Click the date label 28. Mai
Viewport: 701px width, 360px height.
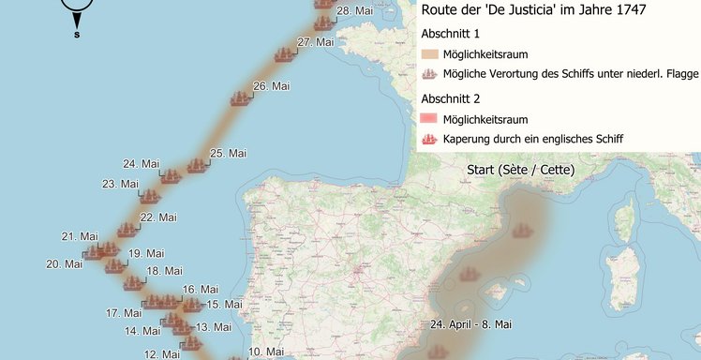(x=354, y=11)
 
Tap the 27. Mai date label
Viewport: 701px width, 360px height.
(x=316, y=42)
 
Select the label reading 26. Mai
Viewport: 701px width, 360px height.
(x=272, y=85)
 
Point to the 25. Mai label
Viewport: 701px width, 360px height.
(x=229, y=153)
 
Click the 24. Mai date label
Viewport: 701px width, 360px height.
(x=141, y=163)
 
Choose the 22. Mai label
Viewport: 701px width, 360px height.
(x=158, y=217)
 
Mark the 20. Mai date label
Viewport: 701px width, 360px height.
(x=65, y=263)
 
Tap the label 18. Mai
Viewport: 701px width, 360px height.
(x=164, y=271)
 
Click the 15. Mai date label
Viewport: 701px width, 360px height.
(x=225, y=304)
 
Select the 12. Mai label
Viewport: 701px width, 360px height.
(x=162, y=354)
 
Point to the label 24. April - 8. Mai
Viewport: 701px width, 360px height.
(x=470, y=324)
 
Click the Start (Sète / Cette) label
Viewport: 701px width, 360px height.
(x=520, y=170)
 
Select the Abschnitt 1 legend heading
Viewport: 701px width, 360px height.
(x=451, y=33)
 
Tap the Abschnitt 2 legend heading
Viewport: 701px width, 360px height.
(x=451, y=98)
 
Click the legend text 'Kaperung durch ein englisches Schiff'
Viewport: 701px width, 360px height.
(x=533, y=139)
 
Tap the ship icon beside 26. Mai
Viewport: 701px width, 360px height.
(x=242, y=97)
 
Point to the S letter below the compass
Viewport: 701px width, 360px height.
(x=77, y=36)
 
